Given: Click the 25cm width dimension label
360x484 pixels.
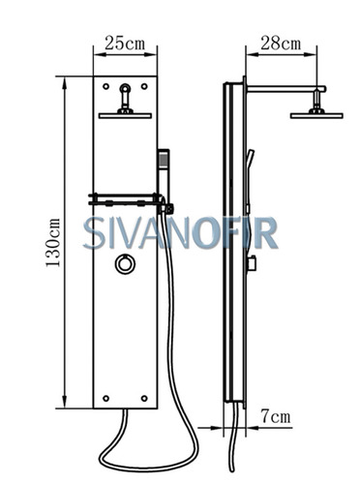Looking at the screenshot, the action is pyautogui.click(x=125, y=44).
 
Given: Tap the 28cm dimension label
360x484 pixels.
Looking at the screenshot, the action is pyautogui.click(x=281, y=44).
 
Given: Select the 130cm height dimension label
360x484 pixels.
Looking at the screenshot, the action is pyautogui.click(x=53, y=243).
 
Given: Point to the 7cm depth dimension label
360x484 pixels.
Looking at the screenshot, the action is pyautogui.click(x=276, y=416).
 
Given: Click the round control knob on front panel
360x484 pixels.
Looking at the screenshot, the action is pyautogui.click(x=125, y=264).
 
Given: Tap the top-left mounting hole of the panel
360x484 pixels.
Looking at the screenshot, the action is pyautogui.click(x=105, y=86).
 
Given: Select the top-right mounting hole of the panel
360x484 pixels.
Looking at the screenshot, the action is pyautogui.click(x=144, y=86).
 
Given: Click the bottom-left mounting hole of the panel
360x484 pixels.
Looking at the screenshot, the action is pyautogui.click(x=105, y=399).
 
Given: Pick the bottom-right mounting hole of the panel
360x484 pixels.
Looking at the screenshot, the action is pyautogui.click(x=144, y=399).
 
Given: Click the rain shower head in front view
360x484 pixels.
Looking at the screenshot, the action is pyautogui.click(x=125, y=115).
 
